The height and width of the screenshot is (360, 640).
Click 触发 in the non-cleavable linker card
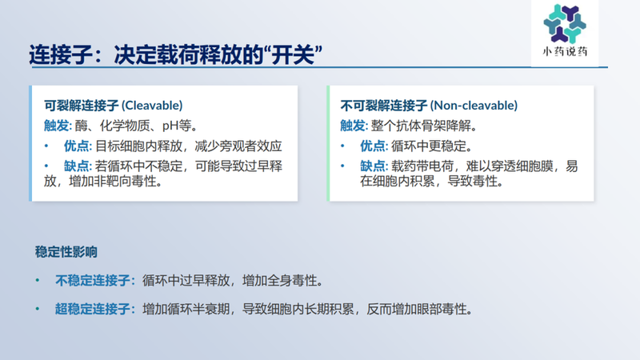[352, 126]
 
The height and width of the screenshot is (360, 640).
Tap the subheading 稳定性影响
[66, 252]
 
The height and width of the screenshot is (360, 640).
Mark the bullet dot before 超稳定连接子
[37, 309]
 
